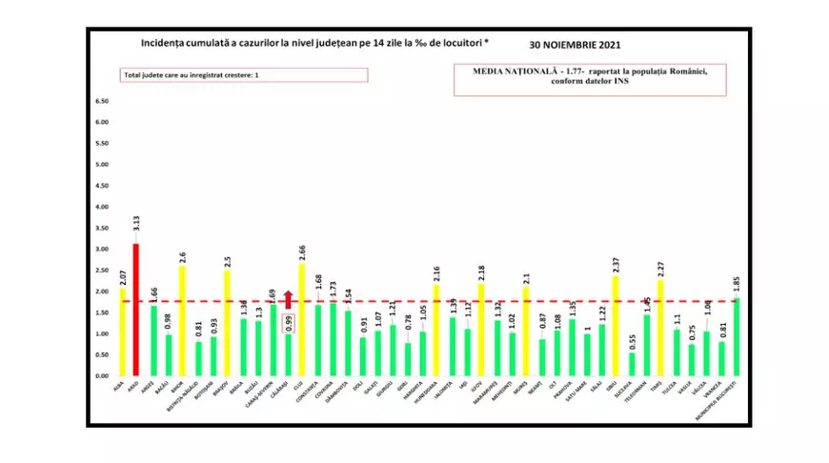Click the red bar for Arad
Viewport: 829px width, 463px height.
coord(136,310)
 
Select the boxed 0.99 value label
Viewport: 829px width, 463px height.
coord(288,321)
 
